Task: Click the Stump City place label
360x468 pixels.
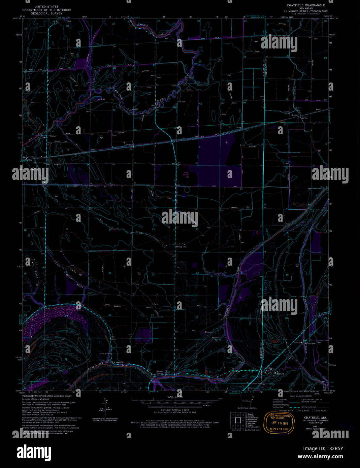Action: click(x=181, y=247)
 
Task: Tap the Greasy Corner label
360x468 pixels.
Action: click(x=160, y=373)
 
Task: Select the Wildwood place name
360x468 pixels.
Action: click(x=118, y=362)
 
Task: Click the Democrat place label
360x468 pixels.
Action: click(x=209, y=332)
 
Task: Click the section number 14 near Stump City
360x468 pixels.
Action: click(x=197, y=229)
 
